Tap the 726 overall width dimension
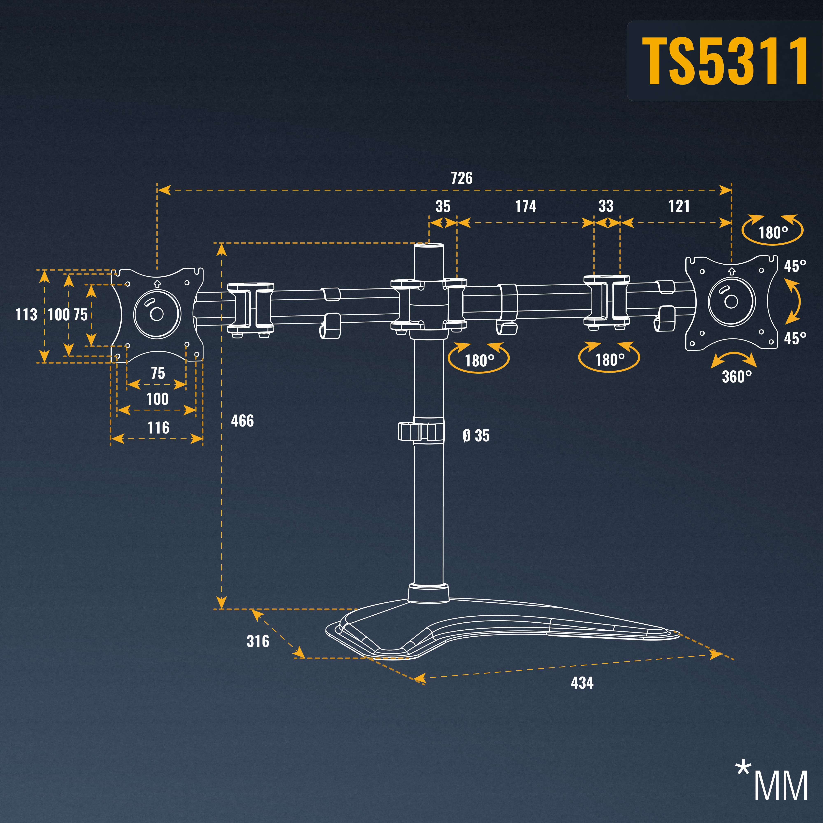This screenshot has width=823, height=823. click(462, 178)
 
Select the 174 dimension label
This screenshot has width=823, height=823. click(526, 207)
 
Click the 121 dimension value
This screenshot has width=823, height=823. click(679, 206)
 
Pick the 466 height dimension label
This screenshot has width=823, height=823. click(242, 421)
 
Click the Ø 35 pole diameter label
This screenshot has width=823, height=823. click(476, 436)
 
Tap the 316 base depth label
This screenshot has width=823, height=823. click(258, 641)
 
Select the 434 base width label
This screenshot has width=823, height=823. click(582, 683)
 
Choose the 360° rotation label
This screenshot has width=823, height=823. click(737, 377)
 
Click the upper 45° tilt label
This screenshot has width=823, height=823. click(795, 266)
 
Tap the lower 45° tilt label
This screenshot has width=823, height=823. click(795, 339)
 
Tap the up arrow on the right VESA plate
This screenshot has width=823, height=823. click(732, 271)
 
